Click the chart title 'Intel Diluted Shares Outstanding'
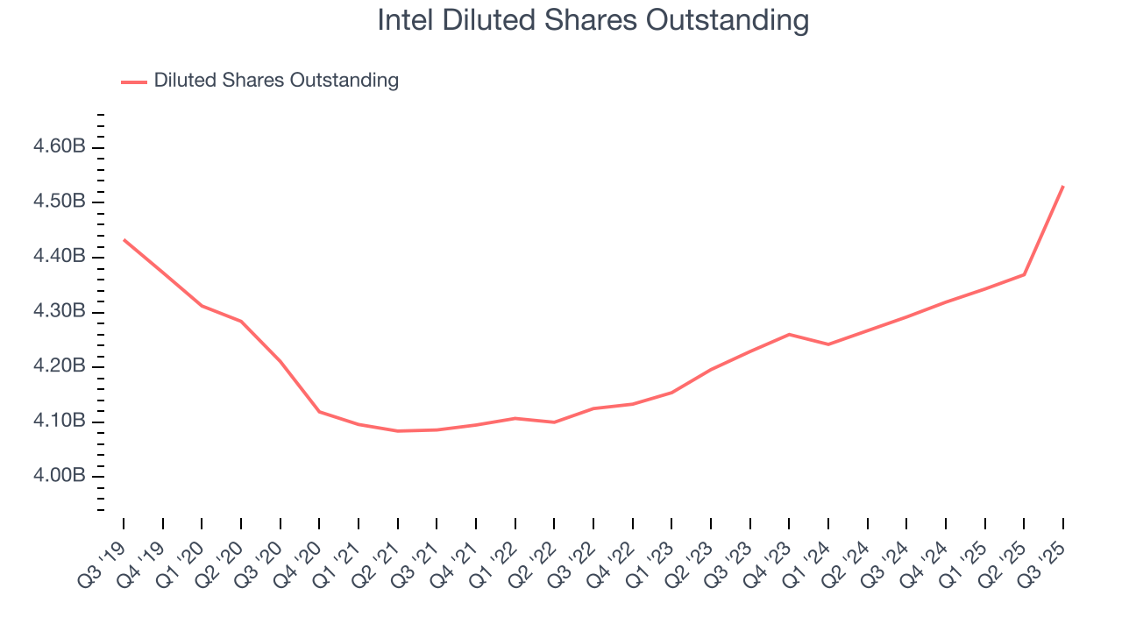tap(593, 20)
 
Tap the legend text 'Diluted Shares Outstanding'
tap(276, 81)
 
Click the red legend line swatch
tap(134, 82)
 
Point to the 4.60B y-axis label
tap(59, 146)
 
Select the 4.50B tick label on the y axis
tap(59, 202)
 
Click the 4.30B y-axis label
tap(59, 312)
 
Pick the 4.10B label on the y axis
tap(59, 422)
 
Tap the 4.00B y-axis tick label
tap(59, 477)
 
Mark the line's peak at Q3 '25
tap(1063, 186)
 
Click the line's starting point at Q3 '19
tap(124, 239)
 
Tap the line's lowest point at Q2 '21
tap(398, 431)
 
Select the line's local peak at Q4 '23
tap(789, 334)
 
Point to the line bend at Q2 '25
tap(1024, 274)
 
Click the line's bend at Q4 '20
tap(319, 411)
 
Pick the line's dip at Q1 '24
tap(828, 344)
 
